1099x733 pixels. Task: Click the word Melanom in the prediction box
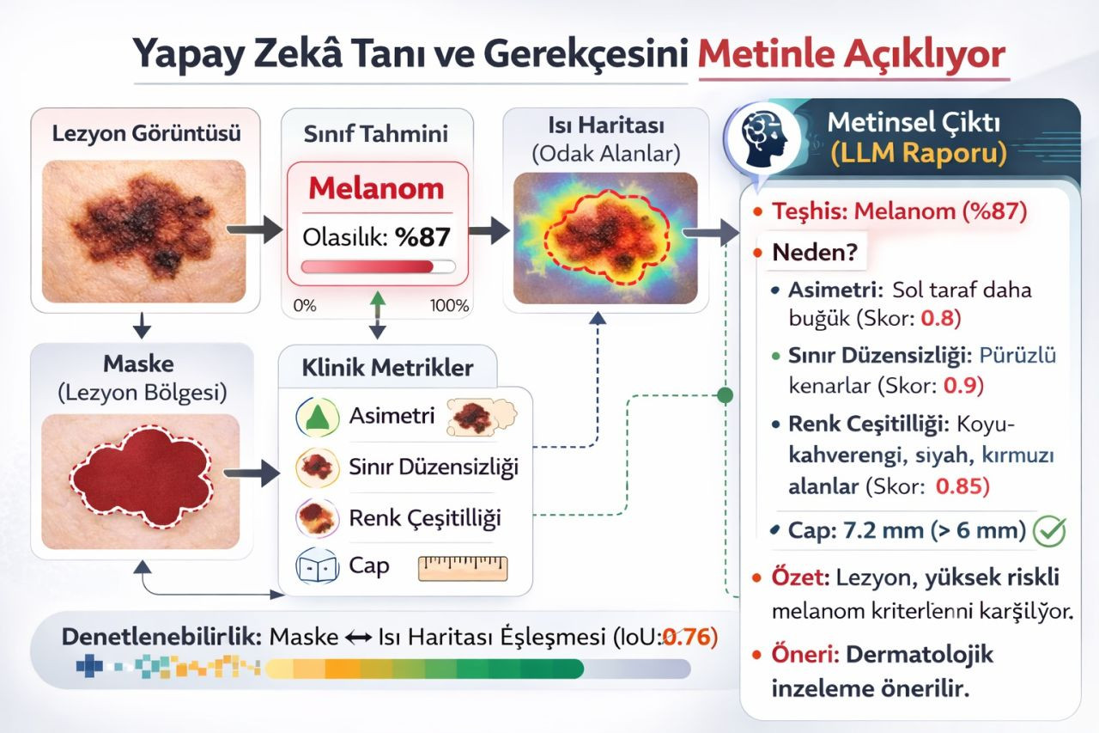point(376,188)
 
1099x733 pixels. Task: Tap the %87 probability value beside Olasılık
point(422,236)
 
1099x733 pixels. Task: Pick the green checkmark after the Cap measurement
point(1050,531)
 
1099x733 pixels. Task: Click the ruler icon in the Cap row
point(463,568)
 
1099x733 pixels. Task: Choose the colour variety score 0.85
point(962,486)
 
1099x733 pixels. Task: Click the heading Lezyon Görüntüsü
point(146,134)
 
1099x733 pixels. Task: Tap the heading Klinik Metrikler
point(387,368)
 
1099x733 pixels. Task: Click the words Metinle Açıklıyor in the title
point(851,56)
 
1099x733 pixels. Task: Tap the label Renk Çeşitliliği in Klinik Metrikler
point(425,518)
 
